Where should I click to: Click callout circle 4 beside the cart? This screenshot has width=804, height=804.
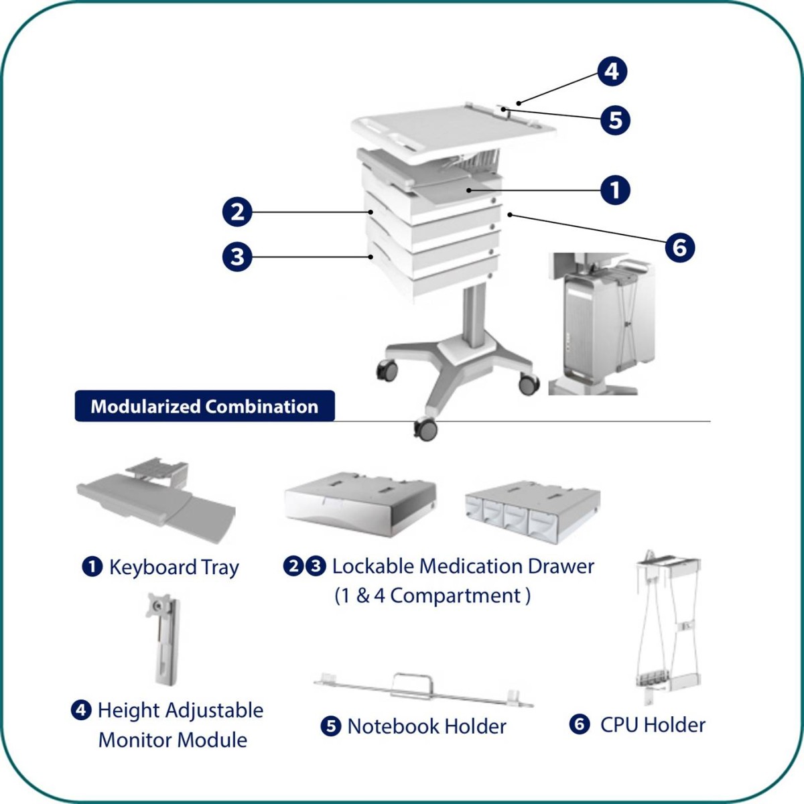pos(612,72)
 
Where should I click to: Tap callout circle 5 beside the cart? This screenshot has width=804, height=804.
pos(615,121)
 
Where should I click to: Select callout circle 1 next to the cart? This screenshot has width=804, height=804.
pos(615,190)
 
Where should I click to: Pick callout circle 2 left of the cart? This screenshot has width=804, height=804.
pos(237,213)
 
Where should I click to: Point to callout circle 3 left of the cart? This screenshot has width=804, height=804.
pos(237,257)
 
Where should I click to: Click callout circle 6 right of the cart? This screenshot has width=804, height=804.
pos(679,247)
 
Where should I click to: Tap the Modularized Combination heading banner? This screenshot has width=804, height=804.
pos(204,407)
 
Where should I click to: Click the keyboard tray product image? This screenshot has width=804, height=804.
pos(157,499)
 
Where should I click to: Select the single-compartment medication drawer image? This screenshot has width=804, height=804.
pos(360,504)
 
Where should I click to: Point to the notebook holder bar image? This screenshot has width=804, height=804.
pos(423,689)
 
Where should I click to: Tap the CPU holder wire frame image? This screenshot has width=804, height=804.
pos(667,626)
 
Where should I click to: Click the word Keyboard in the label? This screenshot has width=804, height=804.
pos(153,567)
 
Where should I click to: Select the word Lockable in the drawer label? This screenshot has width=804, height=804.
pos(373,566)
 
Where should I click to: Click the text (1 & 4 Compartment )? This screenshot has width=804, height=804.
pos(432,596)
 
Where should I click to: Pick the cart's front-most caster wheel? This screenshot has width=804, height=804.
pos(425,428)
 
